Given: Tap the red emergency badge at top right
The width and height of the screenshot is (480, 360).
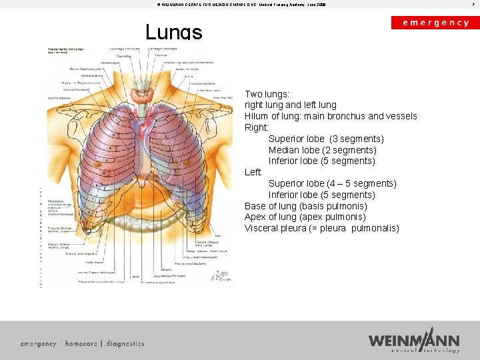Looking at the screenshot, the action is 435,23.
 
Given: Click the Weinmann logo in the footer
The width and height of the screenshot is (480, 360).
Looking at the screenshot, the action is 414,340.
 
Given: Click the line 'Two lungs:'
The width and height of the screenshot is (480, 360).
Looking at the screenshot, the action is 267,94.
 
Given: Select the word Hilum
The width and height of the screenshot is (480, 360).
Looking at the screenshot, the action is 257,116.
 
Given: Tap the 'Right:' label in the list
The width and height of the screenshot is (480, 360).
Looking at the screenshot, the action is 257,127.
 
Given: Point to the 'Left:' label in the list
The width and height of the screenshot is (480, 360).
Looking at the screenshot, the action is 253,172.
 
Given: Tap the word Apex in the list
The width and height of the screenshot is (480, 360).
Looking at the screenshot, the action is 255,217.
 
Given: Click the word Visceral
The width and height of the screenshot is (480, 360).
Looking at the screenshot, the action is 261,228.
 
